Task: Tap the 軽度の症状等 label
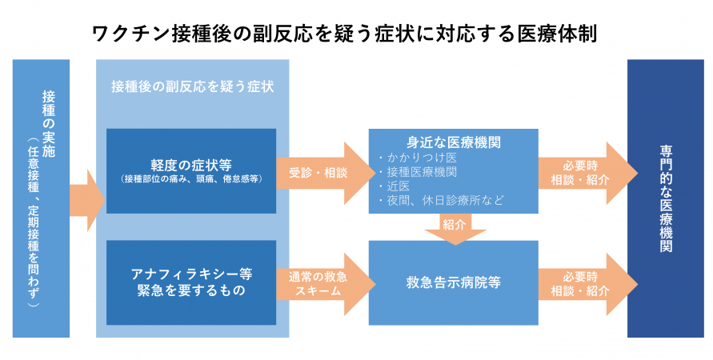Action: [x=191, y=165]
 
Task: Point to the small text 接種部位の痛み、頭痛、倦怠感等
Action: [x=191, y=180]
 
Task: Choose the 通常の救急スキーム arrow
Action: [x=318, y=282]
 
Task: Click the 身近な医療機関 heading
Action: [x=454, y=143]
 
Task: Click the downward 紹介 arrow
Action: [x=454, y=226]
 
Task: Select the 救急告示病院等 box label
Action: [x=454, y=282]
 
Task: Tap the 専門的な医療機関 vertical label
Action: [x=666, y=197]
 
